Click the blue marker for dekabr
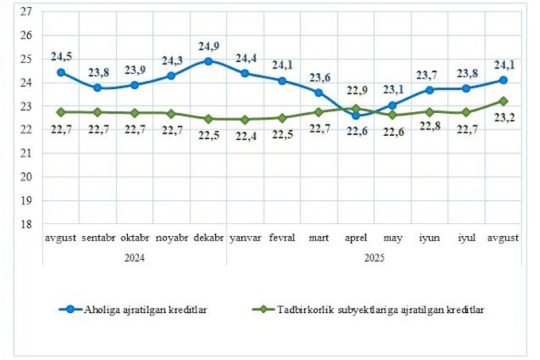coord(209,60)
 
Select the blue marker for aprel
coord(356,116)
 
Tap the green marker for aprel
coord(356,108)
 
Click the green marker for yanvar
coord(245,119)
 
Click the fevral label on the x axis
coord(282,238)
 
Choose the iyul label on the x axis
coord(466,238)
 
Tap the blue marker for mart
coord(318,93)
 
